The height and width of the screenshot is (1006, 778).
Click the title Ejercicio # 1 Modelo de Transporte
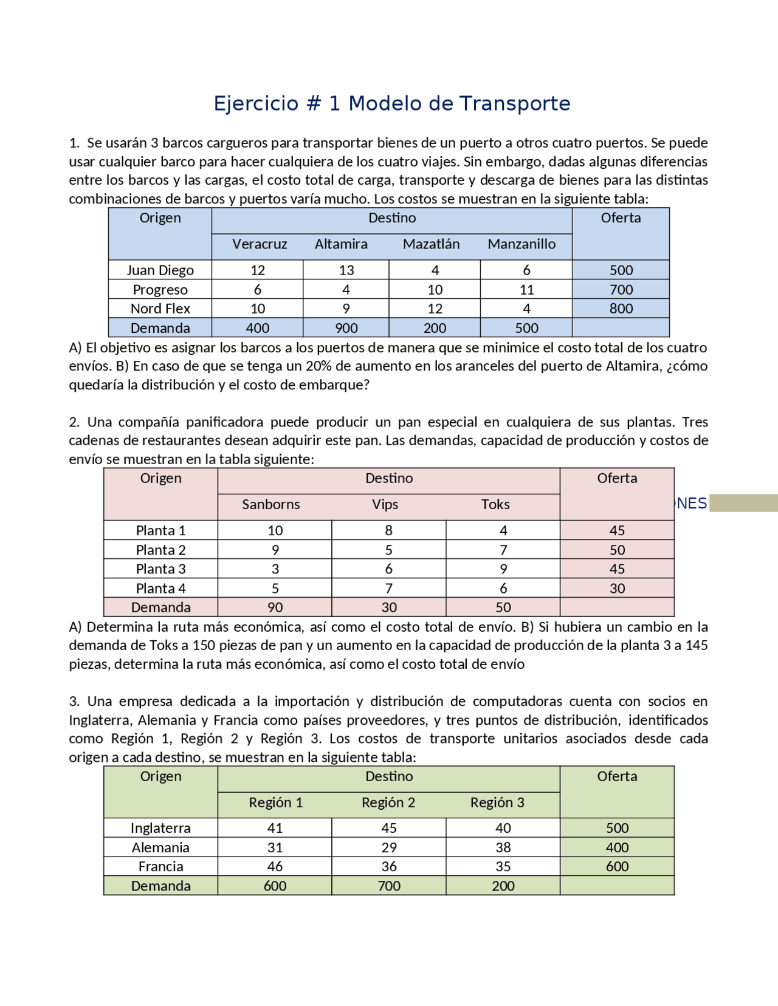pyautogui.click(x=392, y=103)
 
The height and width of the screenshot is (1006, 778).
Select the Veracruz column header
pyautogui.click(x=260, y=244)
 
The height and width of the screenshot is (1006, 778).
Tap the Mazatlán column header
pyautogui.click(x=431, y=244)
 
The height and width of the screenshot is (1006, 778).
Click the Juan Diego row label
pyautogui.click(x=160, y=270)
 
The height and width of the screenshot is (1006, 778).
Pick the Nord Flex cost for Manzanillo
pyautogui.click(x=526, y=309)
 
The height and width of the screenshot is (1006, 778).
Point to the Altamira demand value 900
pyautogui.click(x=346, y=328)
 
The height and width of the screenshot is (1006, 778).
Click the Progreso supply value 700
pyautogui.click(x=621, y=290)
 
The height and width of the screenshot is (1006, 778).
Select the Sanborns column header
pyautogui.click(x=270, y=504)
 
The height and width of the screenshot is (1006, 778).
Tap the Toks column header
pyautogui.click(x=495, y=504)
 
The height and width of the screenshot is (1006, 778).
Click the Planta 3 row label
pyautogui.click(x=160, y=569)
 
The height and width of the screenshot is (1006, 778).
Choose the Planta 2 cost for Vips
pyautogui.click(x=388, y=550)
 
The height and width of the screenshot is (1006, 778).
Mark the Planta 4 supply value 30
pyautogui.click(x=617, y=588)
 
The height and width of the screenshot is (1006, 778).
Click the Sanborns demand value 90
pyautogui.click(x=275, y=607)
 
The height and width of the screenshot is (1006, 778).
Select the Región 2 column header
pyautogui.click(x=388, y=802)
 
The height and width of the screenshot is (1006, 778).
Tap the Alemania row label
pyautogui.click(x=160, y=847)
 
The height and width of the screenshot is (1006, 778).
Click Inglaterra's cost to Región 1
pyautogui.click(x=275, y=828)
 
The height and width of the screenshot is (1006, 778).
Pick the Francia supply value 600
pyautogui.click(x=617, y=866)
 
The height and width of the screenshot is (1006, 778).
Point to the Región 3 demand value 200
pyautogui.click(x=503, y=886)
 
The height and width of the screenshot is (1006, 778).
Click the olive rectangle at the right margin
pyautogui.click(x=743, y=503)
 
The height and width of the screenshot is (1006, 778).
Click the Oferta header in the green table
pyautogui.click(x=617, y=776)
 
